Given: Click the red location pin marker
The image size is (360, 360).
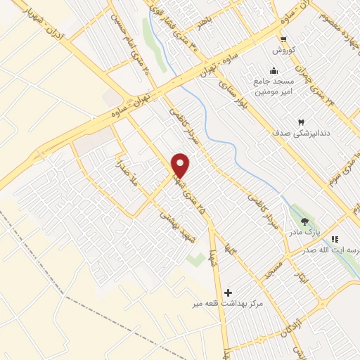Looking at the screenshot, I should coord(181,166).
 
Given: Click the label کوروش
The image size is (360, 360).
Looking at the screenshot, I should coord(283,52).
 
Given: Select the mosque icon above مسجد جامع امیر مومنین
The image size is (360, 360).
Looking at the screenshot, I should coord(273,71).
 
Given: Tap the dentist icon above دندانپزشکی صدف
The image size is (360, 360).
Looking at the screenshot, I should coord(302,121).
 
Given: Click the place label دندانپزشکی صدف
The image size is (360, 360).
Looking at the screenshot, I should coord(302,133).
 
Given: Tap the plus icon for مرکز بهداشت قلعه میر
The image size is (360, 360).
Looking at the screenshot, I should coord(227,292).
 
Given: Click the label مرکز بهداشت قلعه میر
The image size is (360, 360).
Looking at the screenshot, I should coord(229,304).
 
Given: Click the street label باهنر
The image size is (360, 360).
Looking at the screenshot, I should coord(204,25).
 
